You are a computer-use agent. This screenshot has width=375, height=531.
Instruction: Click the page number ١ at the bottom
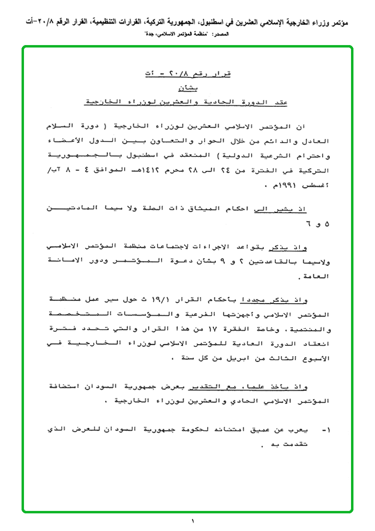click(193, 521)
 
